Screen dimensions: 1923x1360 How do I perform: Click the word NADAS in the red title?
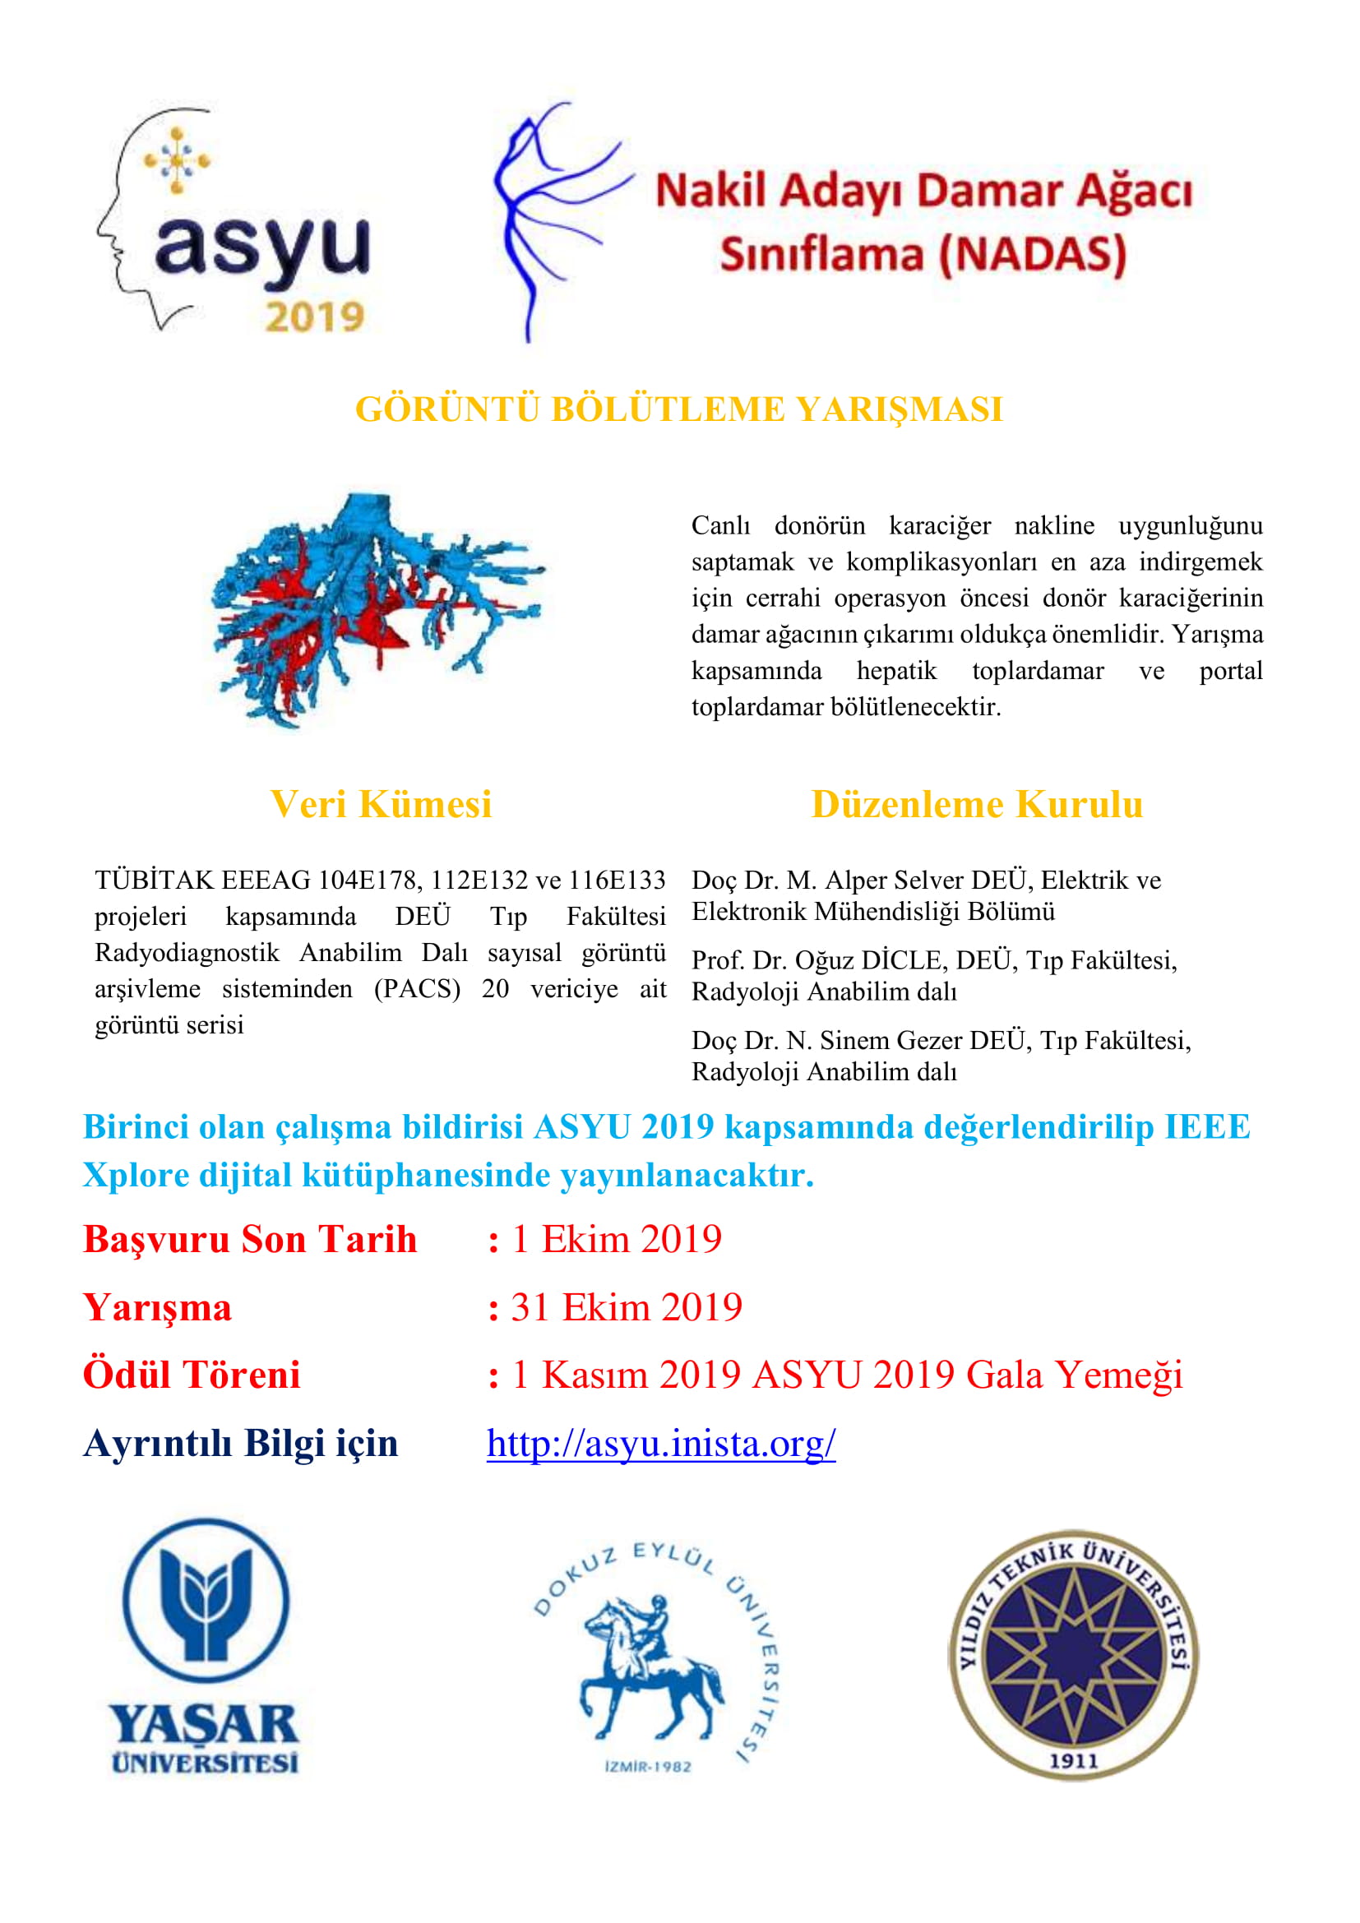1033,255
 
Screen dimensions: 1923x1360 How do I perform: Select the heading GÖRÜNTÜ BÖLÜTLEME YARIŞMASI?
679,409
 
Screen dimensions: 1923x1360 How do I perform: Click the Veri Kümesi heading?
381,804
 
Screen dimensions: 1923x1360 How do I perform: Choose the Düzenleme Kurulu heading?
977,804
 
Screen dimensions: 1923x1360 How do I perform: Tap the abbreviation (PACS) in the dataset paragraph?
417,989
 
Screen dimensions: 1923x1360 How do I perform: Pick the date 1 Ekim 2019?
617,1240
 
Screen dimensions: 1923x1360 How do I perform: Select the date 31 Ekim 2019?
627,1307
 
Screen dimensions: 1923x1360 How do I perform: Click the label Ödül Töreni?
192,1375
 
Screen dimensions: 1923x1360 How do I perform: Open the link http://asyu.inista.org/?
661,1443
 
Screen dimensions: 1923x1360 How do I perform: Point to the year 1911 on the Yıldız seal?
1074,1761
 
